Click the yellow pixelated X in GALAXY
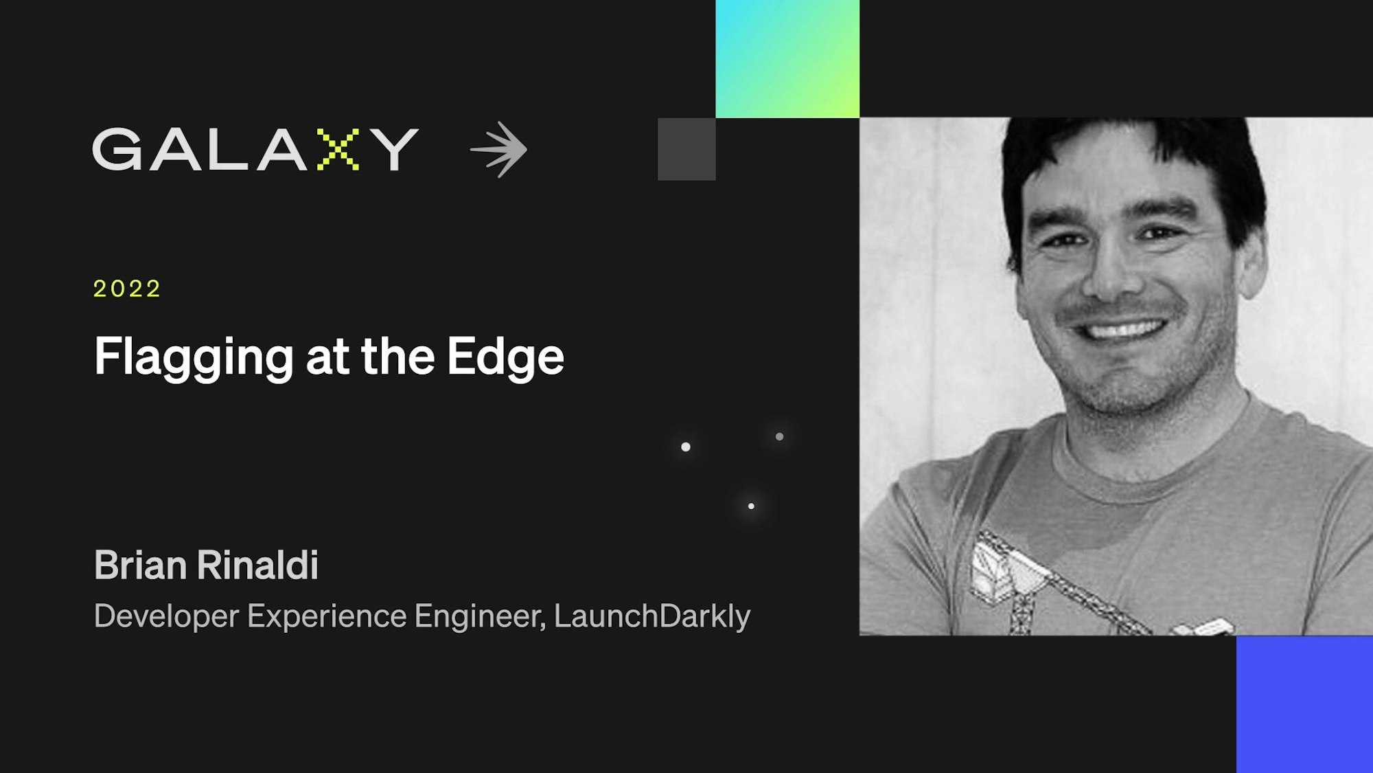coord(338,149)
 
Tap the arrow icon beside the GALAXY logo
coord(499,150)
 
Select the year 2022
coord(127,289)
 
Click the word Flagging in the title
coord(194,357)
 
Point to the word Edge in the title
coord(506,357)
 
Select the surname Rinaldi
coord(257,565)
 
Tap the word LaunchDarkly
coord(652,616)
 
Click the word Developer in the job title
coord(166,616)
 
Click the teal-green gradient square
coord(787,58)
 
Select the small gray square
coord(686,149)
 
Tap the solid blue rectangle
coord(1304,704)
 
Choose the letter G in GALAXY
coord(117,149)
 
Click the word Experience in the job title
coord(327,616)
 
